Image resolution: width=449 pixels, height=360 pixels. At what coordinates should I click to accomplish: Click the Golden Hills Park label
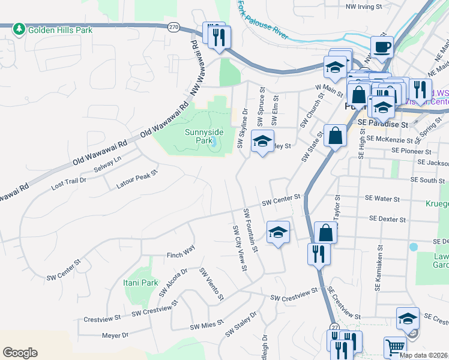pos(58,29)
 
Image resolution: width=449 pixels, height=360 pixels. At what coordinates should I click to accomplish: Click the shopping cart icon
pos(395,346)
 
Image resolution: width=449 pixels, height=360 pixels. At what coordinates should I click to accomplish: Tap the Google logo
pos(20,352)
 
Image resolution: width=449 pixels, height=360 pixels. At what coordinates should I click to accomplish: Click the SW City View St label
pos(238,247)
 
